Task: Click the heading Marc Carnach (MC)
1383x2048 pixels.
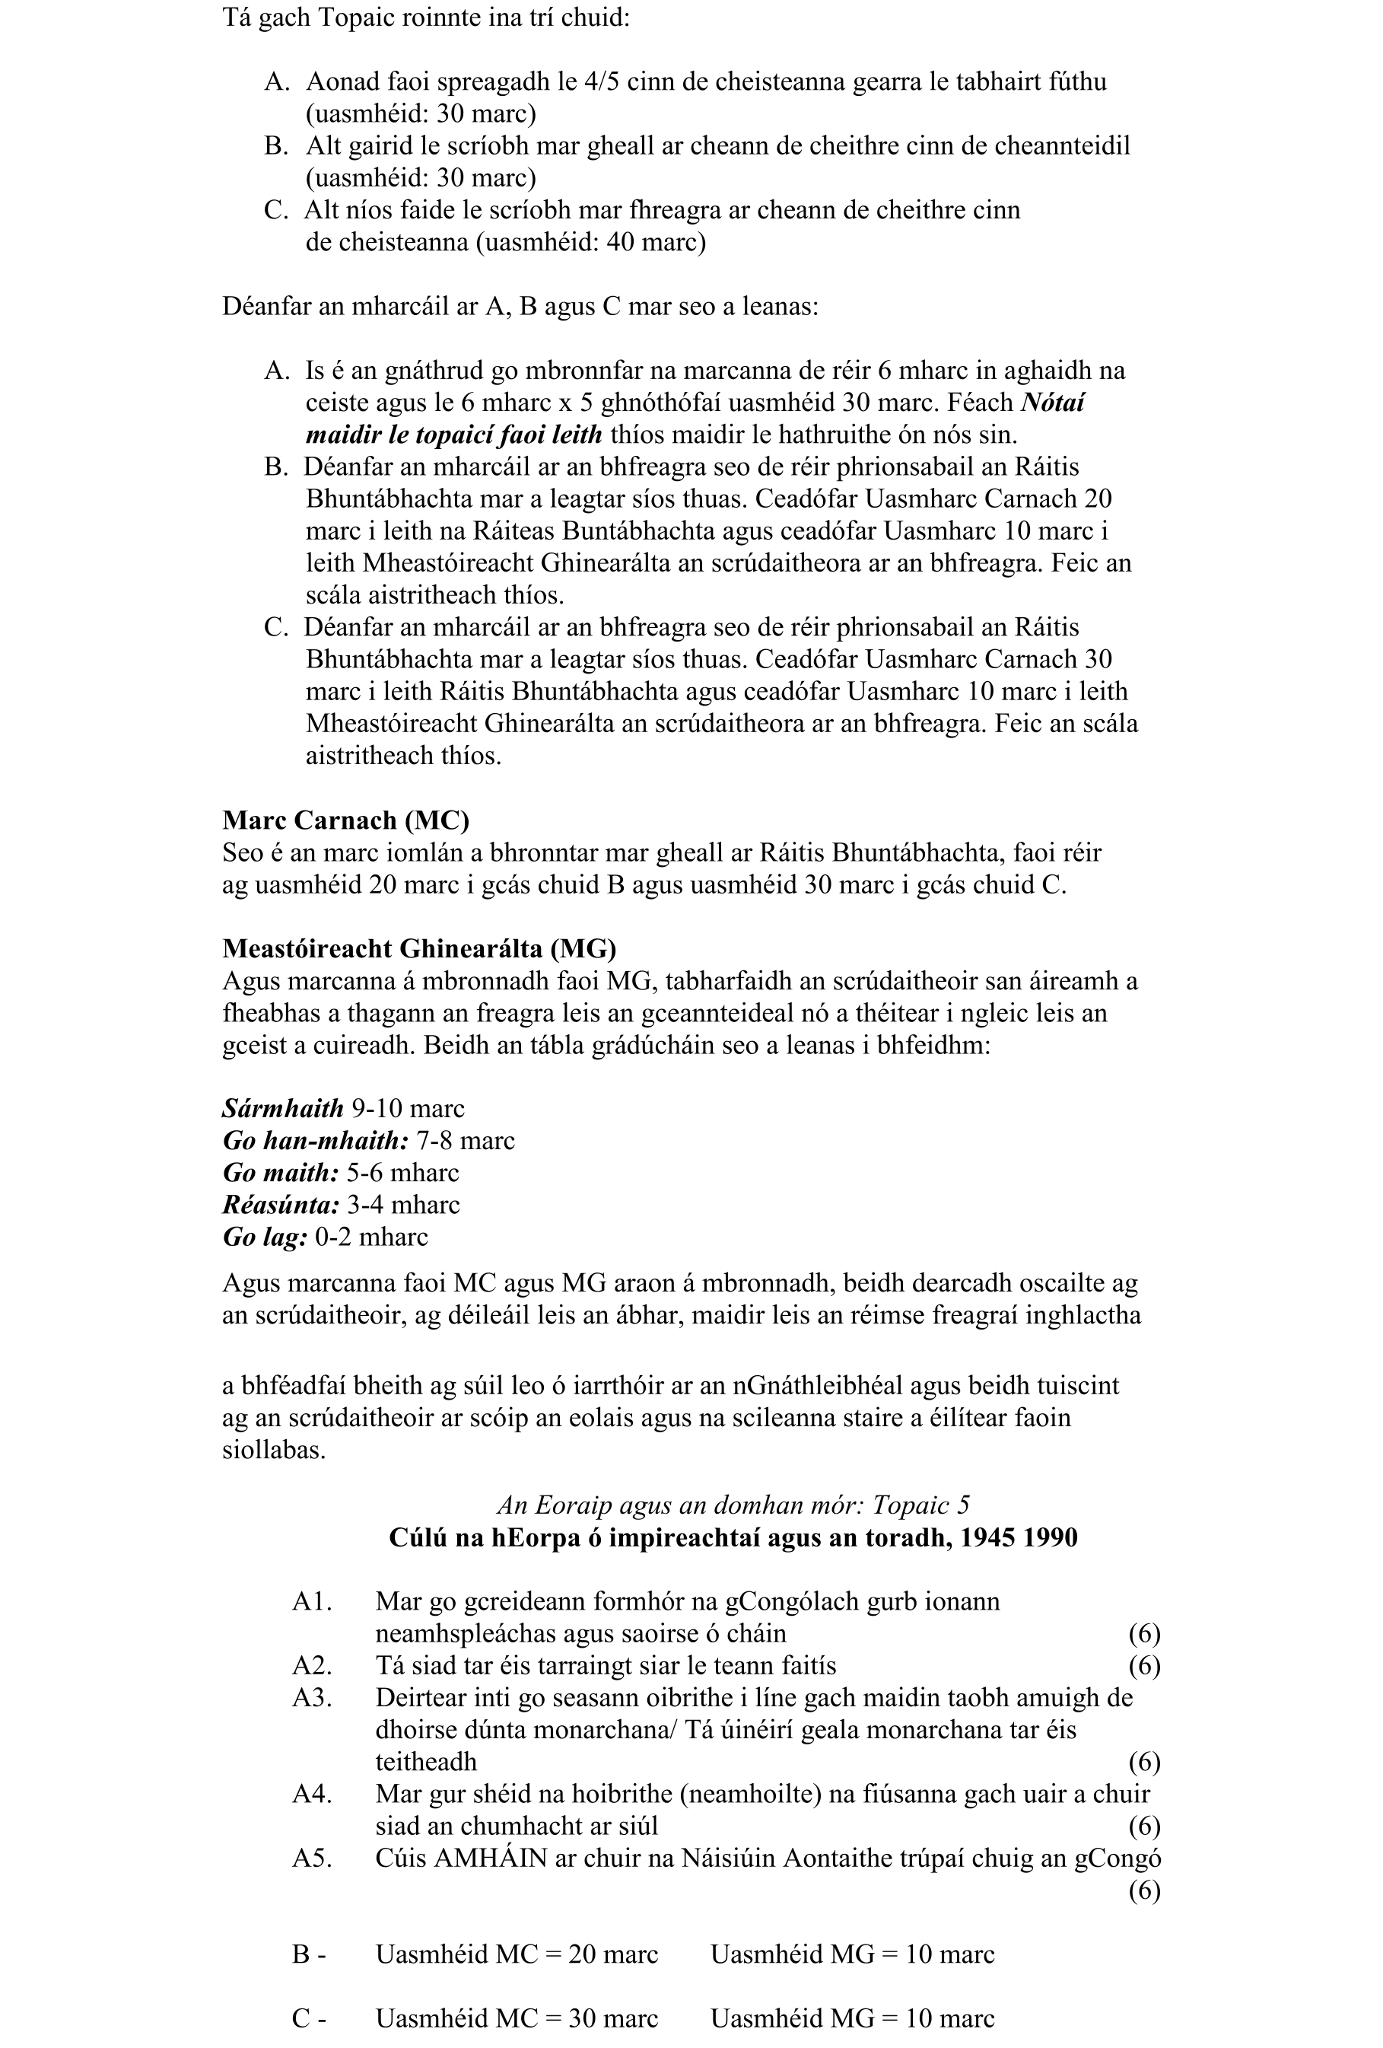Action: (345, 820)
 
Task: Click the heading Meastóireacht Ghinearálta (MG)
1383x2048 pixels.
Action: (419, 948)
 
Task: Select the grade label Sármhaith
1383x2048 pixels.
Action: (283, 1109)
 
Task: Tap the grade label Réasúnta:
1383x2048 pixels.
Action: (280, 1205)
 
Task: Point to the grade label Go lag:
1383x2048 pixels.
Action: (264, 1237)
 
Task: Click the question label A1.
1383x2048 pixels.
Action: (312, 1601)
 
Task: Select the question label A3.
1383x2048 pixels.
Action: (312, 1697)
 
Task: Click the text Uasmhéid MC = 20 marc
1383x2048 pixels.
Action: (517, 1954)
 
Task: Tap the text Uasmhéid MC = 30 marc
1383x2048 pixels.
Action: (517, 2019)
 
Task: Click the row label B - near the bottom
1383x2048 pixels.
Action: (309, 1954)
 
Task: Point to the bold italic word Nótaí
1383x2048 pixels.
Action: (1052, 402)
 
